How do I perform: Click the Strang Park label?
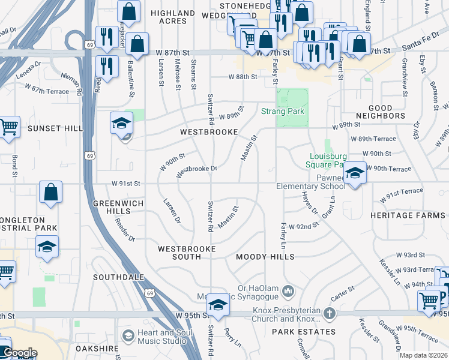282,111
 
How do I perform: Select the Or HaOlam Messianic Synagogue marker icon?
289,290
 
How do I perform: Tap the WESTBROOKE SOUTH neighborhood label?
179,252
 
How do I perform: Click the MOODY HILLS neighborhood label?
265,257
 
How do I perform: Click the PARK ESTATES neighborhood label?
303,332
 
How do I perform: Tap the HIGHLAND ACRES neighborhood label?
173,17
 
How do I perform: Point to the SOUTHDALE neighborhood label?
119,277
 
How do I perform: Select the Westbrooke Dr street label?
196,170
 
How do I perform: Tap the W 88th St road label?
243,77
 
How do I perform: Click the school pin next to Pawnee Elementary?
355,174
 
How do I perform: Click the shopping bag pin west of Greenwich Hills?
51,193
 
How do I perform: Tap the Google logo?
20,353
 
